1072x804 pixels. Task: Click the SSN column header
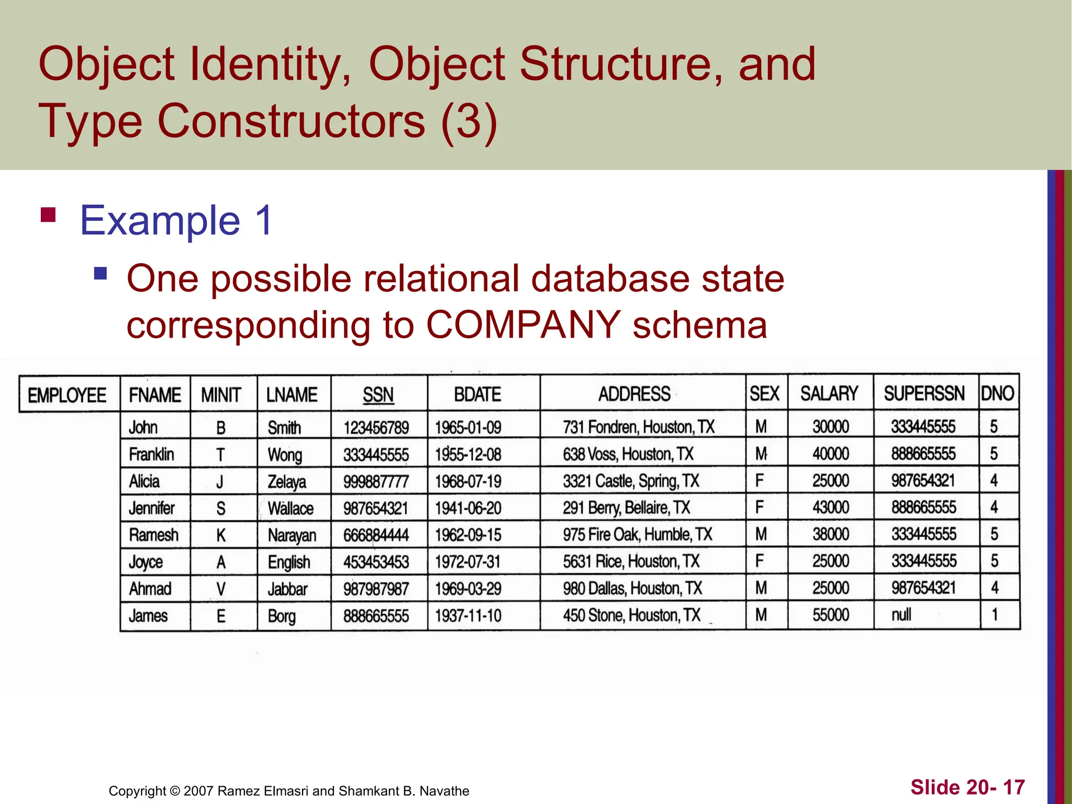click(378, 394)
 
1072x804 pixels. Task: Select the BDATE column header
click(477, 394)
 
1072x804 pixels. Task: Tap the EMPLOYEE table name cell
click(67, 395)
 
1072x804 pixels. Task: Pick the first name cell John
click(143, 428)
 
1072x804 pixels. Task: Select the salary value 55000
click(831, 615)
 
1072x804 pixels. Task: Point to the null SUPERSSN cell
click(901, 615)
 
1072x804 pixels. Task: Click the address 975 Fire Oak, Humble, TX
click(638, 534)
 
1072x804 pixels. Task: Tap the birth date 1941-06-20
click(468, 508)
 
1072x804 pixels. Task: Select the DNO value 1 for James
click(995, 615)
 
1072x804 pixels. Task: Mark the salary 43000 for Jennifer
click(831, 507)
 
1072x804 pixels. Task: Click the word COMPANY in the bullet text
click(523, 325)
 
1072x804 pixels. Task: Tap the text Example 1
click(176, 220)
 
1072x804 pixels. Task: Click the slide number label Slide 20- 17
click(967, 787)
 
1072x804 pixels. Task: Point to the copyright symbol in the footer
click(175, 791)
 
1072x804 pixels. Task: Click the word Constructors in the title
click(291, 121)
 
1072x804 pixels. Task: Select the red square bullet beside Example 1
click(48, 215)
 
